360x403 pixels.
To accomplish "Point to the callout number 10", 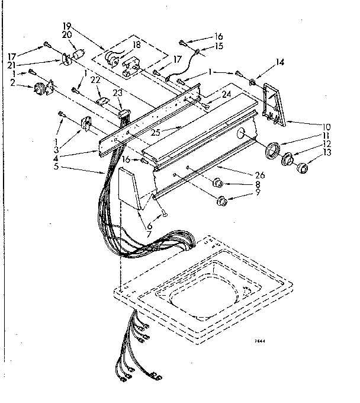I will tap(326, 126).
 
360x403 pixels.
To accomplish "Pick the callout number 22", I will tap(95, 81).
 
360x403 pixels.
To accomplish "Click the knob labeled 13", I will tap(303, 168).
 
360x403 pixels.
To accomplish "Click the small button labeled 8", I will tap(217, 182).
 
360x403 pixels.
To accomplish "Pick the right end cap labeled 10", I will tap(275, 104).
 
